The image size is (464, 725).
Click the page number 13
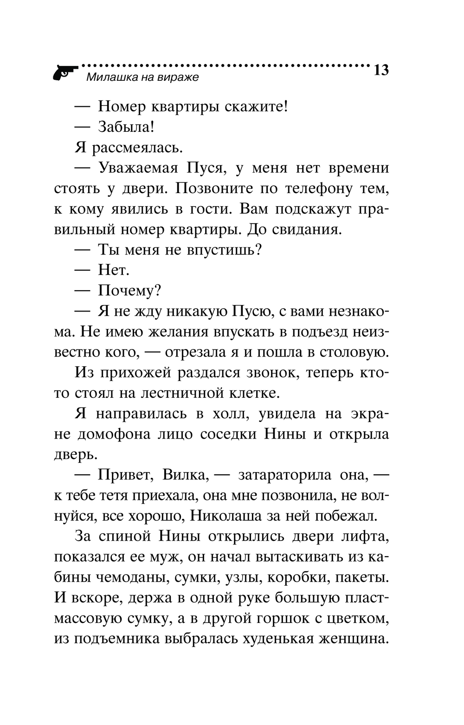[x=380, y=71]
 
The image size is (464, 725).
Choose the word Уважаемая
[x=138, y=168]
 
